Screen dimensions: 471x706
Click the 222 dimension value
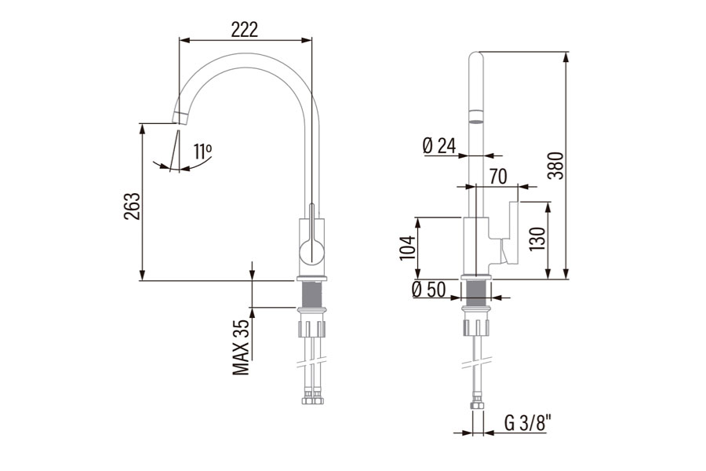(x=244, y=29)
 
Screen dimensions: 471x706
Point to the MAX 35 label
(x=242, y=346)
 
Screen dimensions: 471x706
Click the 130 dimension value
(x=537, y=239)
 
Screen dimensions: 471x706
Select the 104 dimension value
(x=406, y=247)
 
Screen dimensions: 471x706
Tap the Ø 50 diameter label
(x=428, y=290)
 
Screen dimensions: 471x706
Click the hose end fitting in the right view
(x=475, y=406)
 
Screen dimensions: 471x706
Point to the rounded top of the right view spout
(x=475, y=57)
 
